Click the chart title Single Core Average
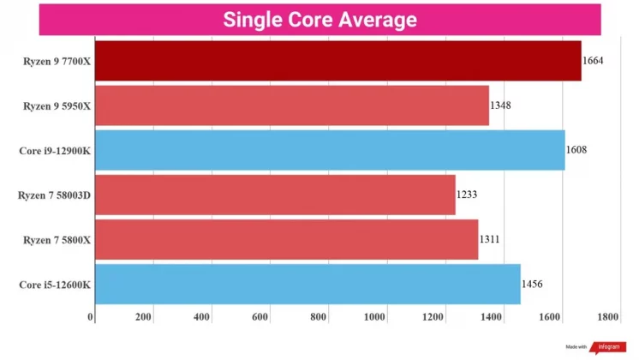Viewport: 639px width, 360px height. click(319, 19)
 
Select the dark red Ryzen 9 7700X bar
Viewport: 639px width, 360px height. click(337, 61)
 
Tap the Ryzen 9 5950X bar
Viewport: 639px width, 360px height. click(291, 105)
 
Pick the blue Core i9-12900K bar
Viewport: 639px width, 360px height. click(330, 150)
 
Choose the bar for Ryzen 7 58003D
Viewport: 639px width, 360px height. click(275, 195)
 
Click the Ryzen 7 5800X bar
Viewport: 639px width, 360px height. click(286, 239)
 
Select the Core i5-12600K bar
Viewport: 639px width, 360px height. click(308, 284)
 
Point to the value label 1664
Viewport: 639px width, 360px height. click(593, 61)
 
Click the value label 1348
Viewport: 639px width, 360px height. click(501, 105)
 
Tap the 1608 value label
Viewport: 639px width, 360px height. click(576, 150)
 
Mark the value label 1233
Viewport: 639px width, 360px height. click(467, 195)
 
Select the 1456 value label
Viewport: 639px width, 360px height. click(532, 284)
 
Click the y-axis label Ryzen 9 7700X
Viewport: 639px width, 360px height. click(57, 61)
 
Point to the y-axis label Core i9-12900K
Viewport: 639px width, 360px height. click(55, 150)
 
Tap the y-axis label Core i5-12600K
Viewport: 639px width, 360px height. click(55, 284)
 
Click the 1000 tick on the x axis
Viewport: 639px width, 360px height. click(375, 317)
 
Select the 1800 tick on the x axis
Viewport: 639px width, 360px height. click(608, 317)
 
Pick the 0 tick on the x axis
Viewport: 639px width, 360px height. click(92, 317)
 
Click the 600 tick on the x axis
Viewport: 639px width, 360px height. click(260, 317)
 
